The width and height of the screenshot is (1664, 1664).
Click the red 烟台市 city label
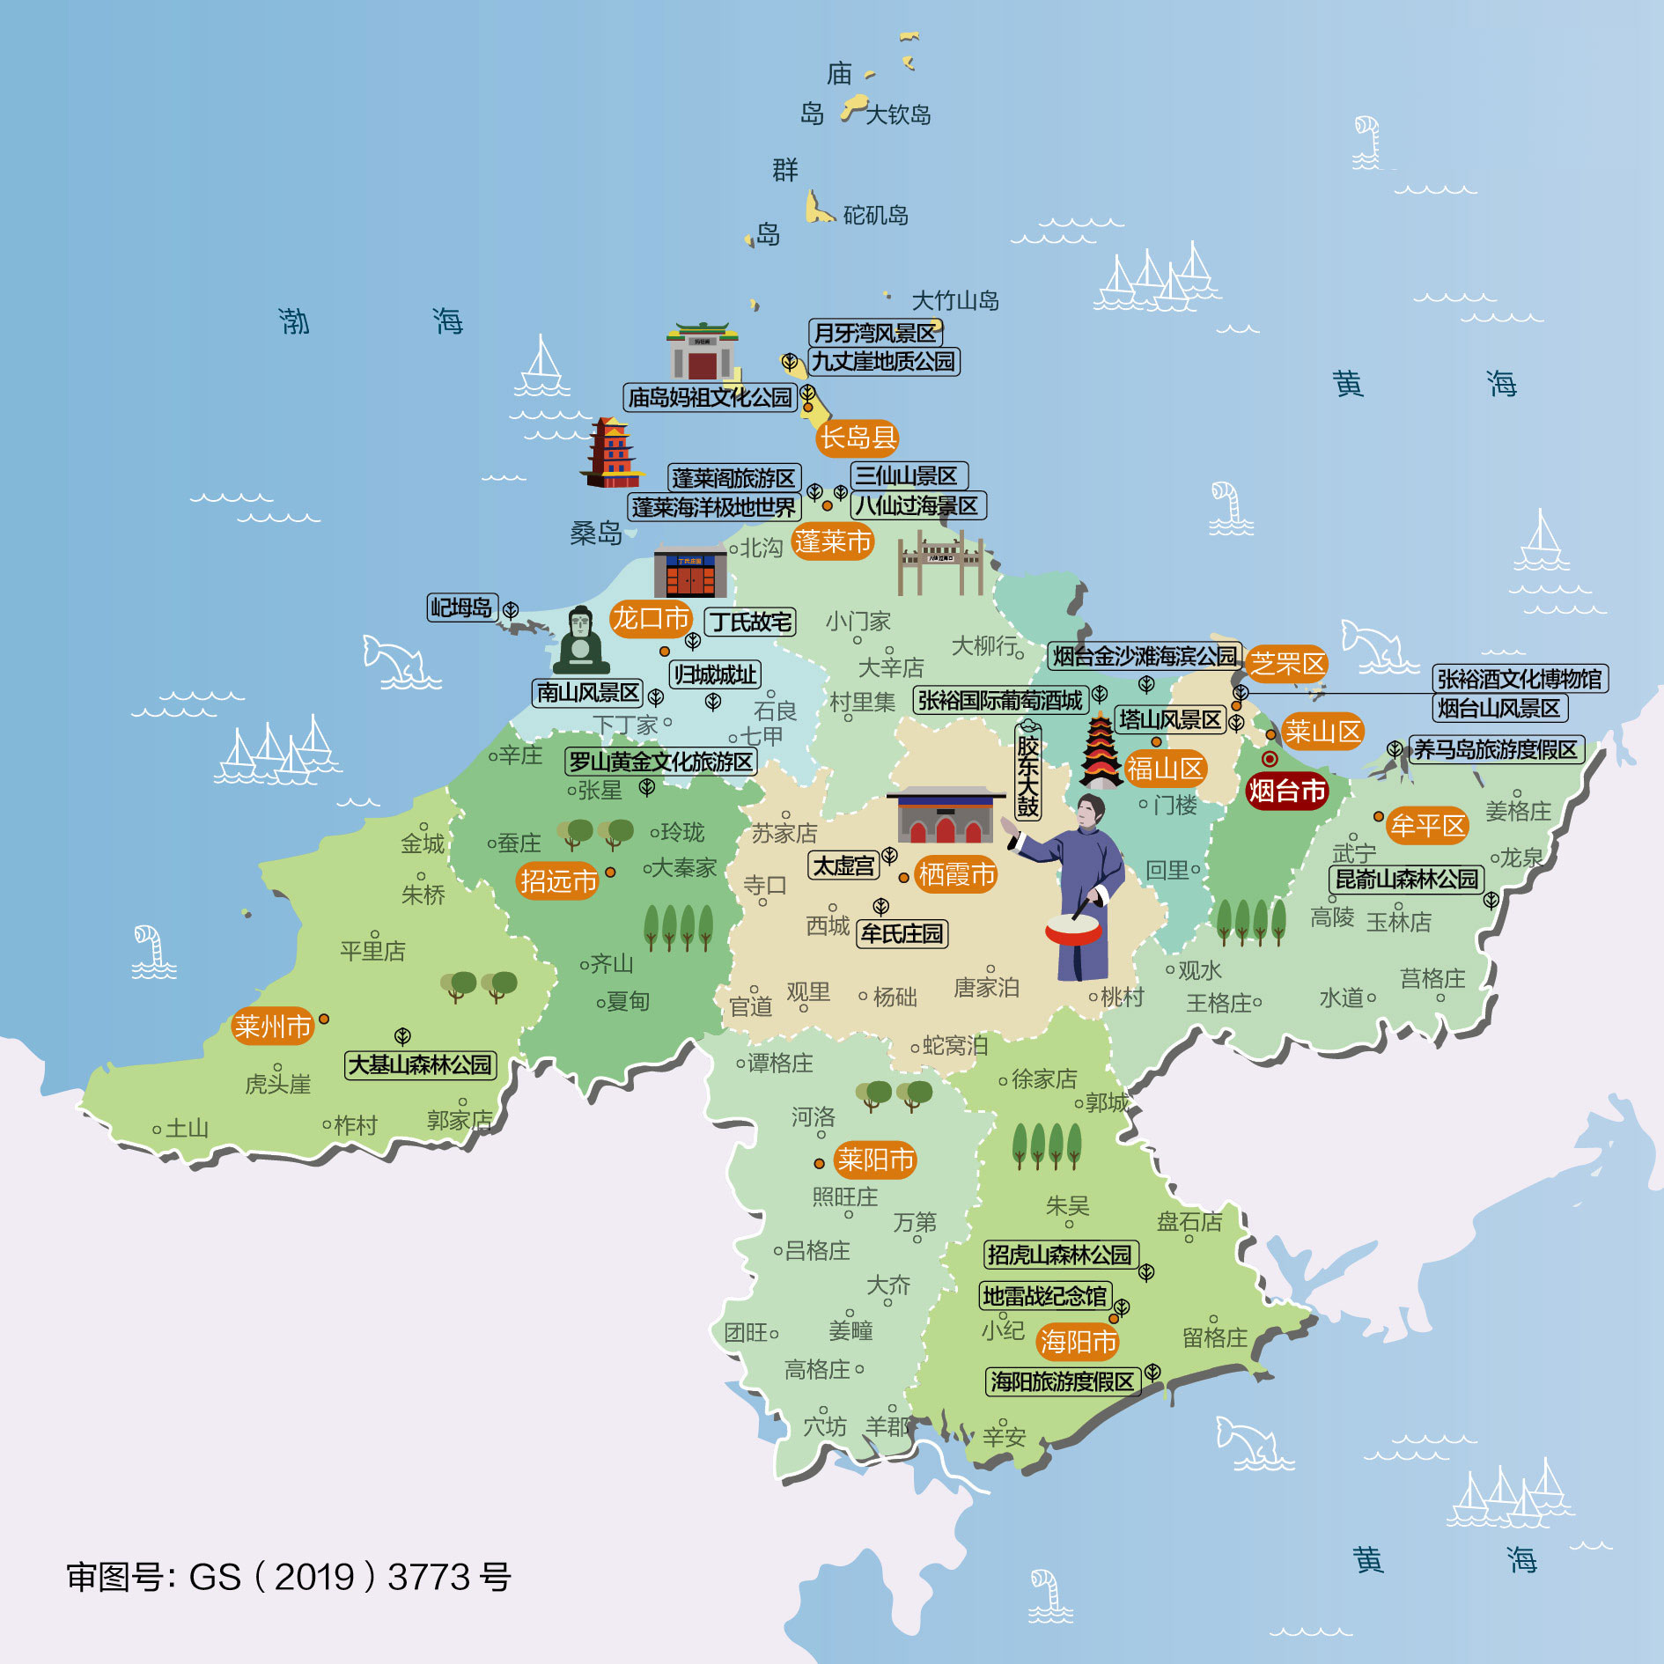point(1286,791)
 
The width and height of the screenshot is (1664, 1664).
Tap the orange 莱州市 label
point(273,1026)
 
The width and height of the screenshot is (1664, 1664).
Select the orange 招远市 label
point(558,880)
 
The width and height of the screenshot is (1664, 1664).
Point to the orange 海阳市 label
point(1079,1341)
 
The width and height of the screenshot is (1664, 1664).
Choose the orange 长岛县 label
point(858,437)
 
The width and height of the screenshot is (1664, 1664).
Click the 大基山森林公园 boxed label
point(421,1064)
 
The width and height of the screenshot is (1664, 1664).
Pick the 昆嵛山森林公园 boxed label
point(1406,879)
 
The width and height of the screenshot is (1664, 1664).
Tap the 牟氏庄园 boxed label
point(902,933)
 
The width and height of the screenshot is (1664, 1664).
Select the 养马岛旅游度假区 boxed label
point(1496,749)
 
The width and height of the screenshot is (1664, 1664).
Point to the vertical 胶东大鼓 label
point(1027,770)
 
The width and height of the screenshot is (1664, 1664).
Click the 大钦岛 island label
point(898,114)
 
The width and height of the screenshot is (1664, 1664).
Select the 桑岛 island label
point(596,533)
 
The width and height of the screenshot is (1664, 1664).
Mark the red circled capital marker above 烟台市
point(1270,759)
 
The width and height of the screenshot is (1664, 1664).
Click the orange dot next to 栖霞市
point(903,878)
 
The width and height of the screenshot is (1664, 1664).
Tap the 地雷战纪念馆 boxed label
point(1045,1296)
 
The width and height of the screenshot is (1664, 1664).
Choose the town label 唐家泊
point(986,987)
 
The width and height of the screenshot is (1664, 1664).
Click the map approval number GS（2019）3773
point(289,1577)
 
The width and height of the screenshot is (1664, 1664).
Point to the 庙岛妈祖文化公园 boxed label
point(711,397)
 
